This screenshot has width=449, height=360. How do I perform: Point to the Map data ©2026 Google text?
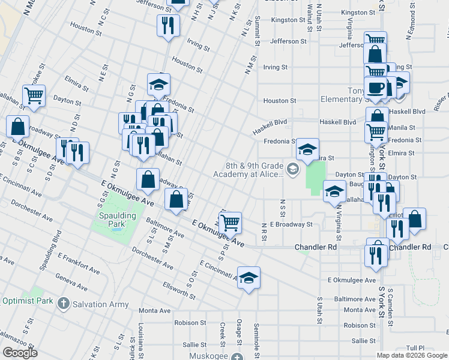[x=412, y=355]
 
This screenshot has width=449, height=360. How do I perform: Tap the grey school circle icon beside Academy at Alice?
[x=292, y=170]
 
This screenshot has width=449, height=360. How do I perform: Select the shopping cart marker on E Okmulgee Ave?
[x=231, y=223]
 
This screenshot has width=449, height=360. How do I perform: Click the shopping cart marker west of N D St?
[x=34, y=95]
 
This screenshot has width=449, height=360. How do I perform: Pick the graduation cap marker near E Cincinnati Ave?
[x=249, y=278]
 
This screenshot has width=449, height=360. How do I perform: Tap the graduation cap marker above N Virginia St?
[x=334, y=191]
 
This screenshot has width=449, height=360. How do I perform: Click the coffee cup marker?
[x=376, y=88]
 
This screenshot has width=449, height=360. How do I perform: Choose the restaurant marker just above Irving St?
[x=167, y=25]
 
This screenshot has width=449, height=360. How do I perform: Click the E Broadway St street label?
[x=291, y=224]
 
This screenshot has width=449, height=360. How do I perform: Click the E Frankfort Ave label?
[x=77, y=265]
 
